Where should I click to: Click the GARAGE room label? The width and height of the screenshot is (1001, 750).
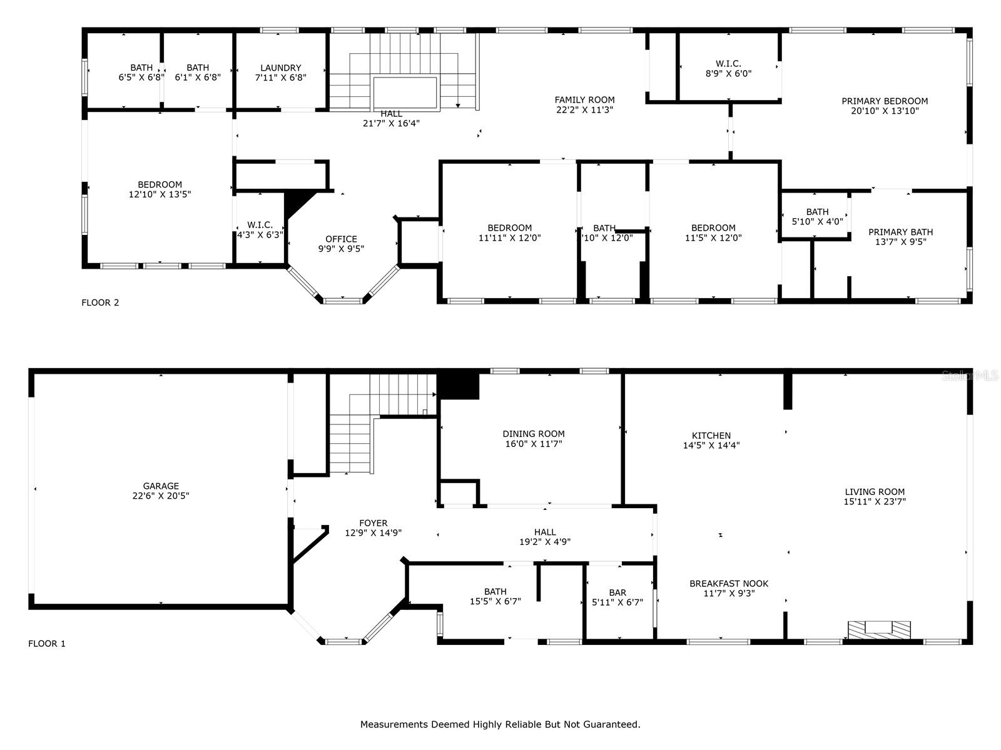[x=161, y=486]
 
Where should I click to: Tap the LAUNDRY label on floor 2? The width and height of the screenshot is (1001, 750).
[x=281, y=67]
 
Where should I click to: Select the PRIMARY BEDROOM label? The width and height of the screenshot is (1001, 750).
[x=884, y=101]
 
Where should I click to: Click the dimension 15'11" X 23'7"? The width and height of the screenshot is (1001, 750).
[x=875, y=501]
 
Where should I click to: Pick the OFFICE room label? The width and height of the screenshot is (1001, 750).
[x=341, y=239]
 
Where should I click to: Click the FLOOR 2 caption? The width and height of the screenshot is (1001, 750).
[x=100, y=302]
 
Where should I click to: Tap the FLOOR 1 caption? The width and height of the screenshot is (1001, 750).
[x=47, y=643]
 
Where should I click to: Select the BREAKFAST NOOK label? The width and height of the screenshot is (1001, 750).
[x=729, y=583]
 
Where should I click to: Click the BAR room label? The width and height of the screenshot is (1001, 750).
[x=617, y=592]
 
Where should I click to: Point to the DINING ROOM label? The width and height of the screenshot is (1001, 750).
[x=533, y=434]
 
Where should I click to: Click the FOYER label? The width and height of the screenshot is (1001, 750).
[x=373, y=523]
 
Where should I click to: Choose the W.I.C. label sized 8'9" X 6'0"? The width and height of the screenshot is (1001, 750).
[x=728, y=63]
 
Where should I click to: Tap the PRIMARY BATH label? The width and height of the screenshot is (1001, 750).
[x=900, y=232]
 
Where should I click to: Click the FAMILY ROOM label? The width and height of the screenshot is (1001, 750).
[x=584, y=99]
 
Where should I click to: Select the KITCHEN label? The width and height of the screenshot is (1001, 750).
[x=711, y=436]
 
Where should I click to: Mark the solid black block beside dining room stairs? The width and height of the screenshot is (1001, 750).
[x=458, y=386]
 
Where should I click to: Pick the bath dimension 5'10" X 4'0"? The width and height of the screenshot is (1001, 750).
[x=817, y=221]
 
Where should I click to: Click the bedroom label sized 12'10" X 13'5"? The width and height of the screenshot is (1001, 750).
[x=160, y=184]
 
